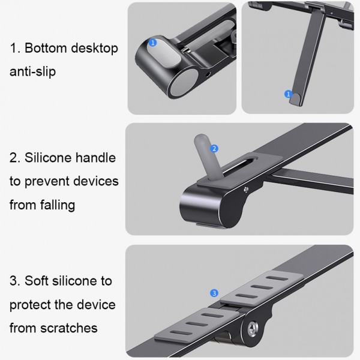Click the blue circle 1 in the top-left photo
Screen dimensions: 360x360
(153, 43)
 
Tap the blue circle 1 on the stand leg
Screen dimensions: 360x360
(287, 94)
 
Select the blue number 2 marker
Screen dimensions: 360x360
(214, 148)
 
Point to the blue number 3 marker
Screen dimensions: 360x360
(214, 293)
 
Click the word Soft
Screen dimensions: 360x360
(38, 280)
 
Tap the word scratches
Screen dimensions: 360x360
(68, 328)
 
